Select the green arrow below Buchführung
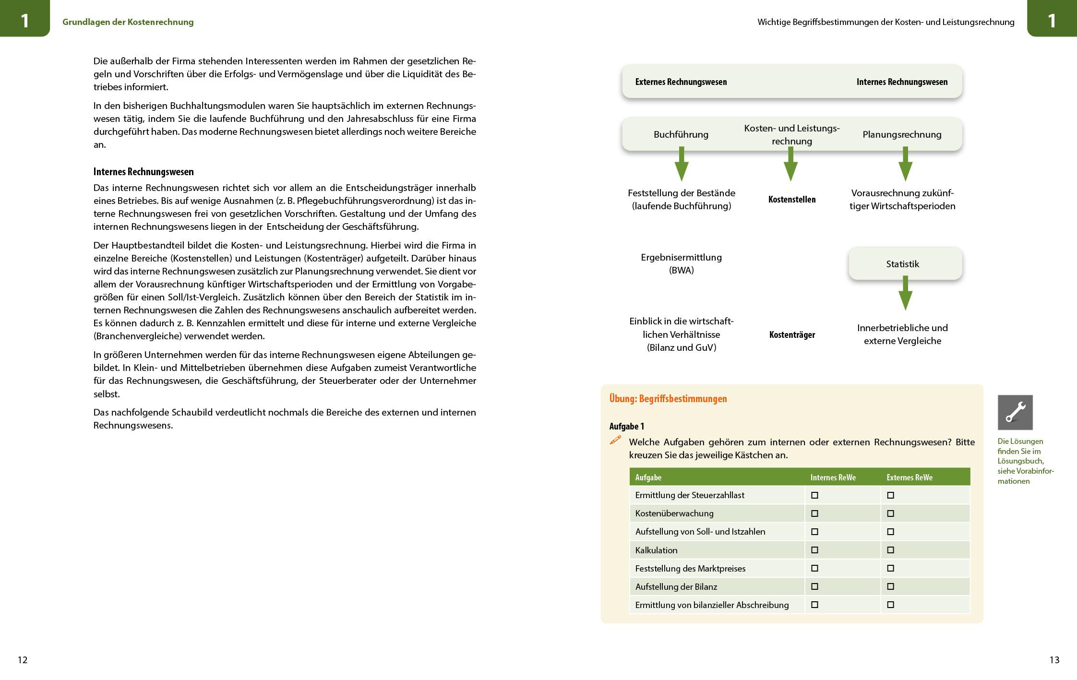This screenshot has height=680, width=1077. pyautogui.click(x=681, y=165)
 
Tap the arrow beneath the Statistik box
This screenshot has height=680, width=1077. pyautogui.click(x=905, y=293)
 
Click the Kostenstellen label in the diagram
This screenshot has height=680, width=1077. pyautogui.click(x=791, y=200)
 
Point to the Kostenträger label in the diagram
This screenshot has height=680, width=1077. pyautogui.click(x=791, y=335)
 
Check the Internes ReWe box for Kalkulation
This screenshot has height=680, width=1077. pyautogui.click(x=814, y=550)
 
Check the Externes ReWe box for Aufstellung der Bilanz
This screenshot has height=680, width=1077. pyautogui.click(x=890, y=586)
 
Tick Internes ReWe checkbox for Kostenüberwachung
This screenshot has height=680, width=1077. pyautogui.click(x=814, y=513)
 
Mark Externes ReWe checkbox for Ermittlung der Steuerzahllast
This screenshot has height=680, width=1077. pyautogui.click(x=890, y=495)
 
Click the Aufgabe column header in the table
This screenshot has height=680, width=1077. pyautogui.click(x=648, y=477)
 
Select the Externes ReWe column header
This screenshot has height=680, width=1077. pyautogui.click(x=909, y=477)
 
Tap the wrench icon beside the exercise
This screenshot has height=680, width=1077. pyautogui.click(x=1015, y=412)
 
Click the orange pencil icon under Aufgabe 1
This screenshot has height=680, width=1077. pyautogui.click(x=615, y=440)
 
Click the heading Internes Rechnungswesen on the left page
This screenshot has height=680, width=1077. pyautogui.click(x=144, y=172)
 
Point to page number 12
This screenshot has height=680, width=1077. pyautogui.click(x=23, y=660)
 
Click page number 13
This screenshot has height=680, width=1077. pyautogui.click(x=1054, y=660)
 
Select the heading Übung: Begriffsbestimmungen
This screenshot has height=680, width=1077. pyautogui.click(x=668, y=399)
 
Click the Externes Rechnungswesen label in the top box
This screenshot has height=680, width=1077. pyautogui.click(x=681, y=82)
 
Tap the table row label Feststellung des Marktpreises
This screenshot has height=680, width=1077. pyautogui.click(x=690, y=569)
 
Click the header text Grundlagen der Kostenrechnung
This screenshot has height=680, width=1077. pyautogui.click(x=128, y=22)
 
